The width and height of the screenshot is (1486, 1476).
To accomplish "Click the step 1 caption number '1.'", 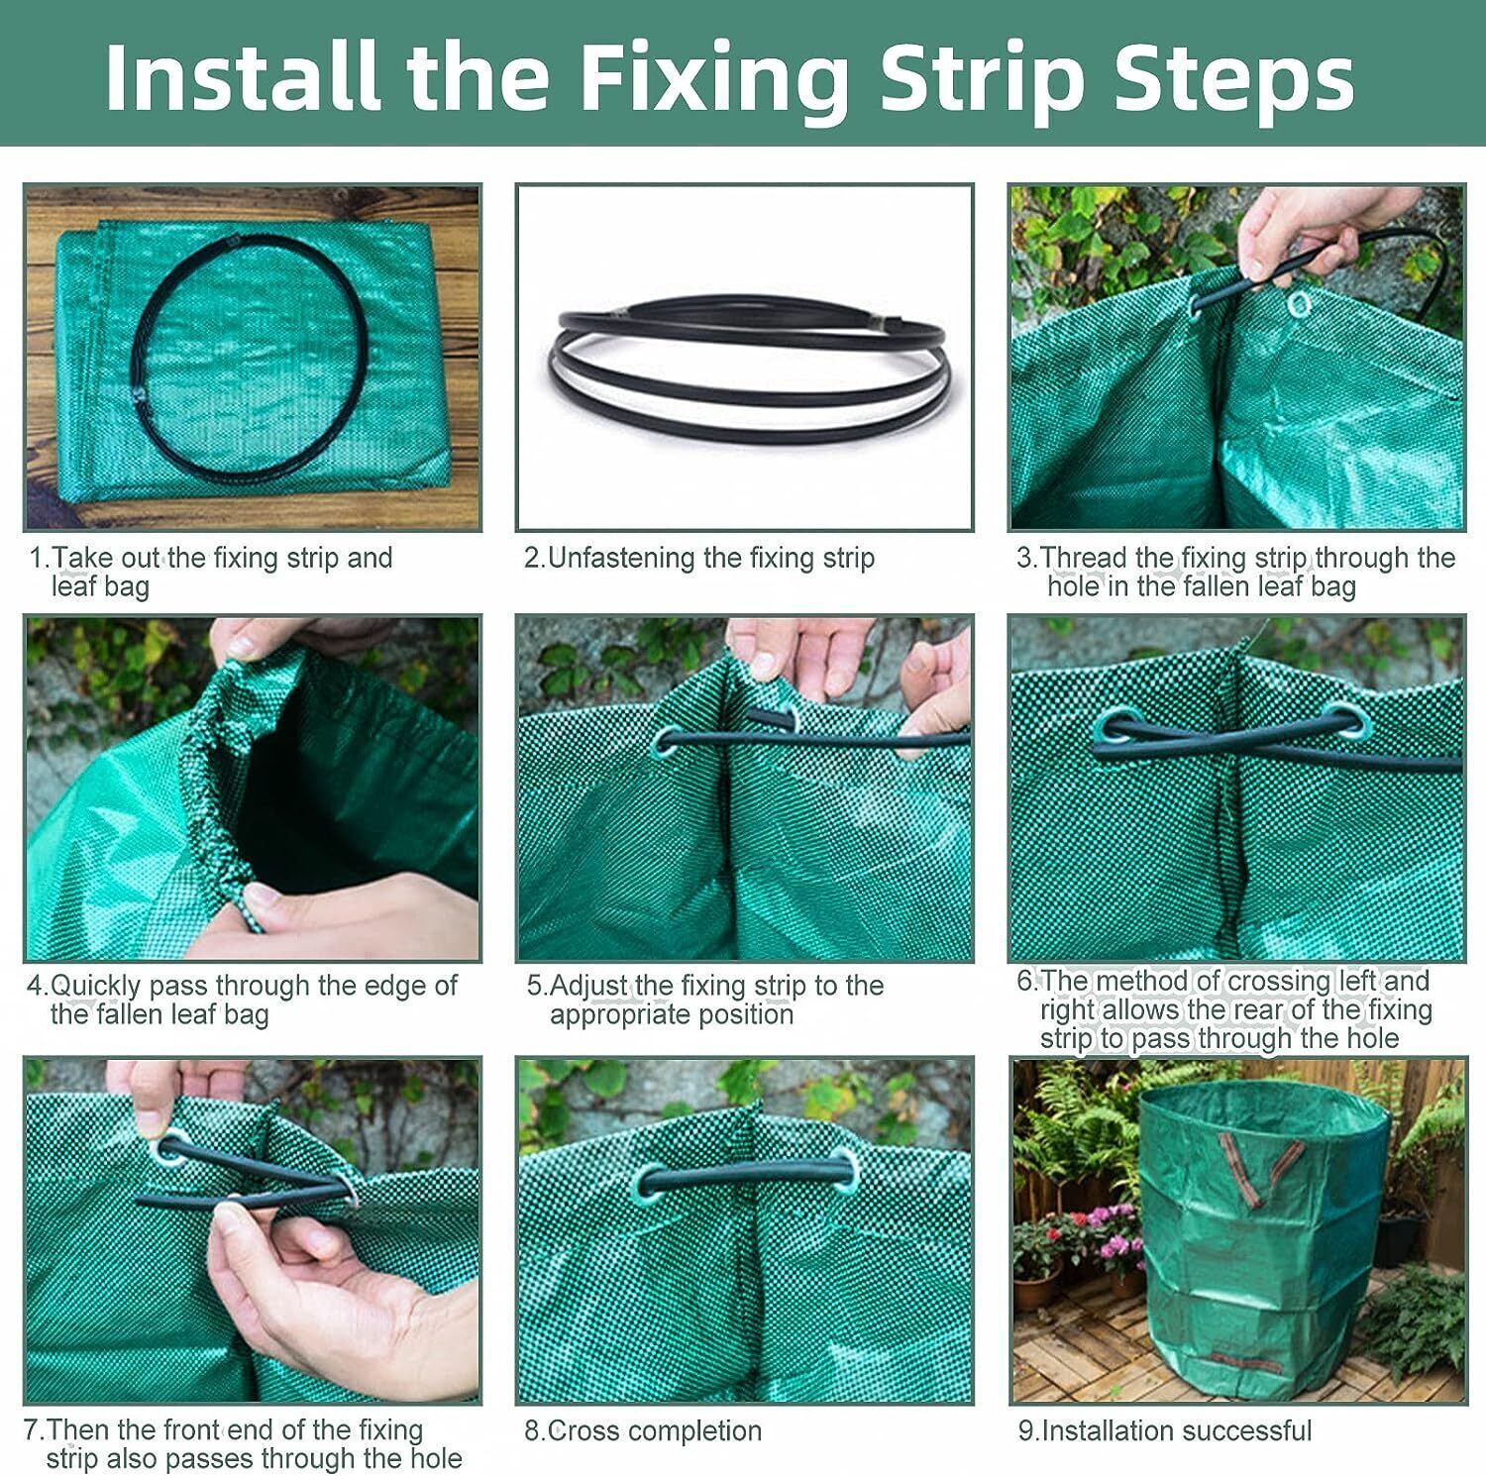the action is [x=40, y=558].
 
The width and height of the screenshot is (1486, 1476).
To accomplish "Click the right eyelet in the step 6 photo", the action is [x=1344, y=722].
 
